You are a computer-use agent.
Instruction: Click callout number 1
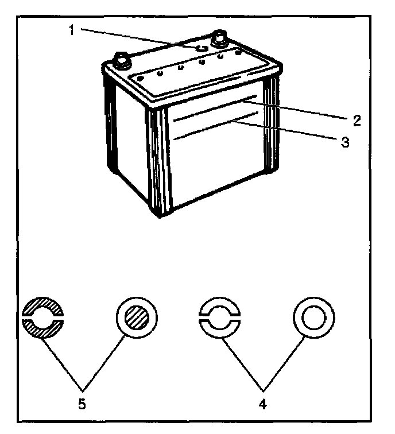72,30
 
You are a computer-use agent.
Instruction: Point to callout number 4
262,404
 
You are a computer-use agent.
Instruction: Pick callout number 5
82,404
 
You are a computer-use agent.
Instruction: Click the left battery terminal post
122,59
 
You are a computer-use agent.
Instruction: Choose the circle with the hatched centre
137,318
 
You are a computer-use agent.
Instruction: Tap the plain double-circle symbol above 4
313,318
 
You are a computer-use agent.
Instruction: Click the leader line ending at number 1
138,39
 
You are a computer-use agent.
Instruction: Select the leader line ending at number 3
287,130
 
